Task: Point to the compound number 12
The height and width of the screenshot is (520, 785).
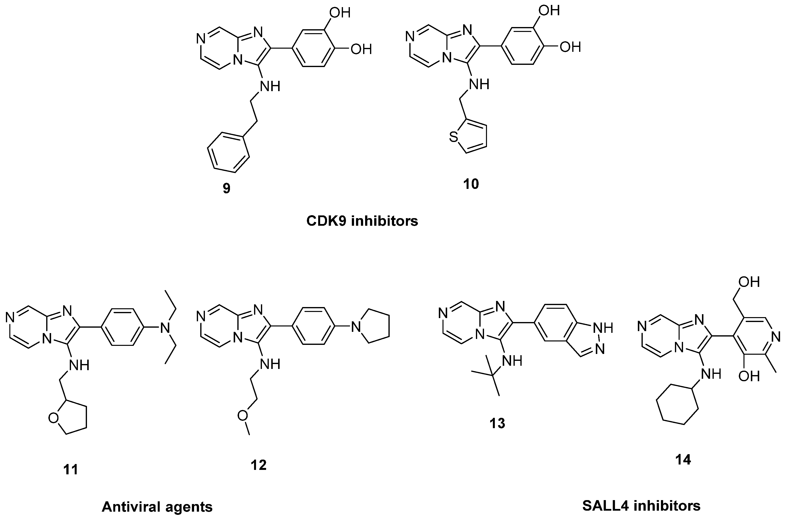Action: tap(259, 465)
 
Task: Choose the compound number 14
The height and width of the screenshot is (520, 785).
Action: tap(683, 460)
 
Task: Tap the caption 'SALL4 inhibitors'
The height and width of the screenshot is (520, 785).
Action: tap(642, 506)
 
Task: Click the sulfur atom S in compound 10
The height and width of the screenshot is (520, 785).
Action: tap(453, 137)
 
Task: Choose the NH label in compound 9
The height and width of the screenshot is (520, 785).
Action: tap(270, 86)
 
